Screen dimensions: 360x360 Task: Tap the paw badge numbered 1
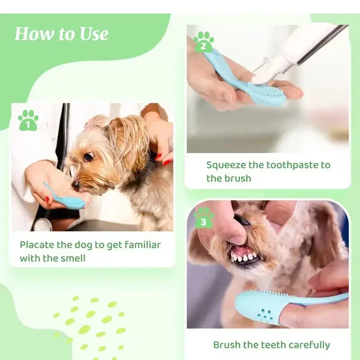pyautogui.click(x=28, y=121)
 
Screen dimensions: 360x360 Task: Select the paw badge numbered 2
pyautogui.click(x=203, y=42)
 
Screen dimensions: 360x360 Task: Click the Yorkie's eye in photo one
pyautogui.click(x=89, y=156)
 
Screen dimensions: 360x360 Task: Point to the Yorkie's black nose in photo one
pyautogui.click(x=76, y=185)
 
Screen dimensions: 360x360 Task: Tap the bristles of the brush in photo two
pyautogui.click(x=265, y=88)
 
